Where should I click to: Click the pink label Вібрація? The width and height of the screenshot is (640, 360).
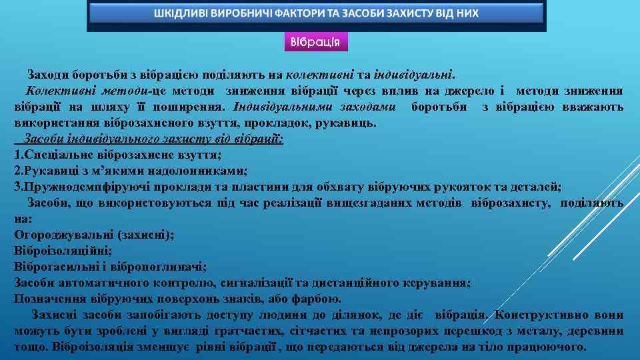pos(315,41)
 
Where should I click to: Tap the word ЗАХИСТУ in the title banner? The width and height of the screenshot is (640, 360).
pos(395,13)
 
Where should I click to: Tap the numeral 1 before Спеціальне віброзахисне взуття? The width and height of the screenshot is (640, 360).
pos(17,155)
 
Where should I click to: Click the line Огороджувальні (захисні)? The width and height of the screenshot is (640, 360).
pos(94,235)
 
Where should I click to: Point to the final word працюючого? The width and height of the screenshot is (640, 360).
pos(553,347)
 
